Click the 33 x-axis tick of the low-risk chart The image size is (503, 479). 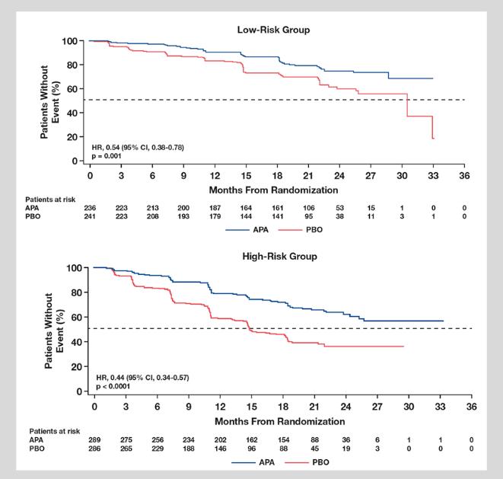point(433,176)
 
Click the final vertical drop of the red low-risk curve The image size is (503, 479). point(432,126)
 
